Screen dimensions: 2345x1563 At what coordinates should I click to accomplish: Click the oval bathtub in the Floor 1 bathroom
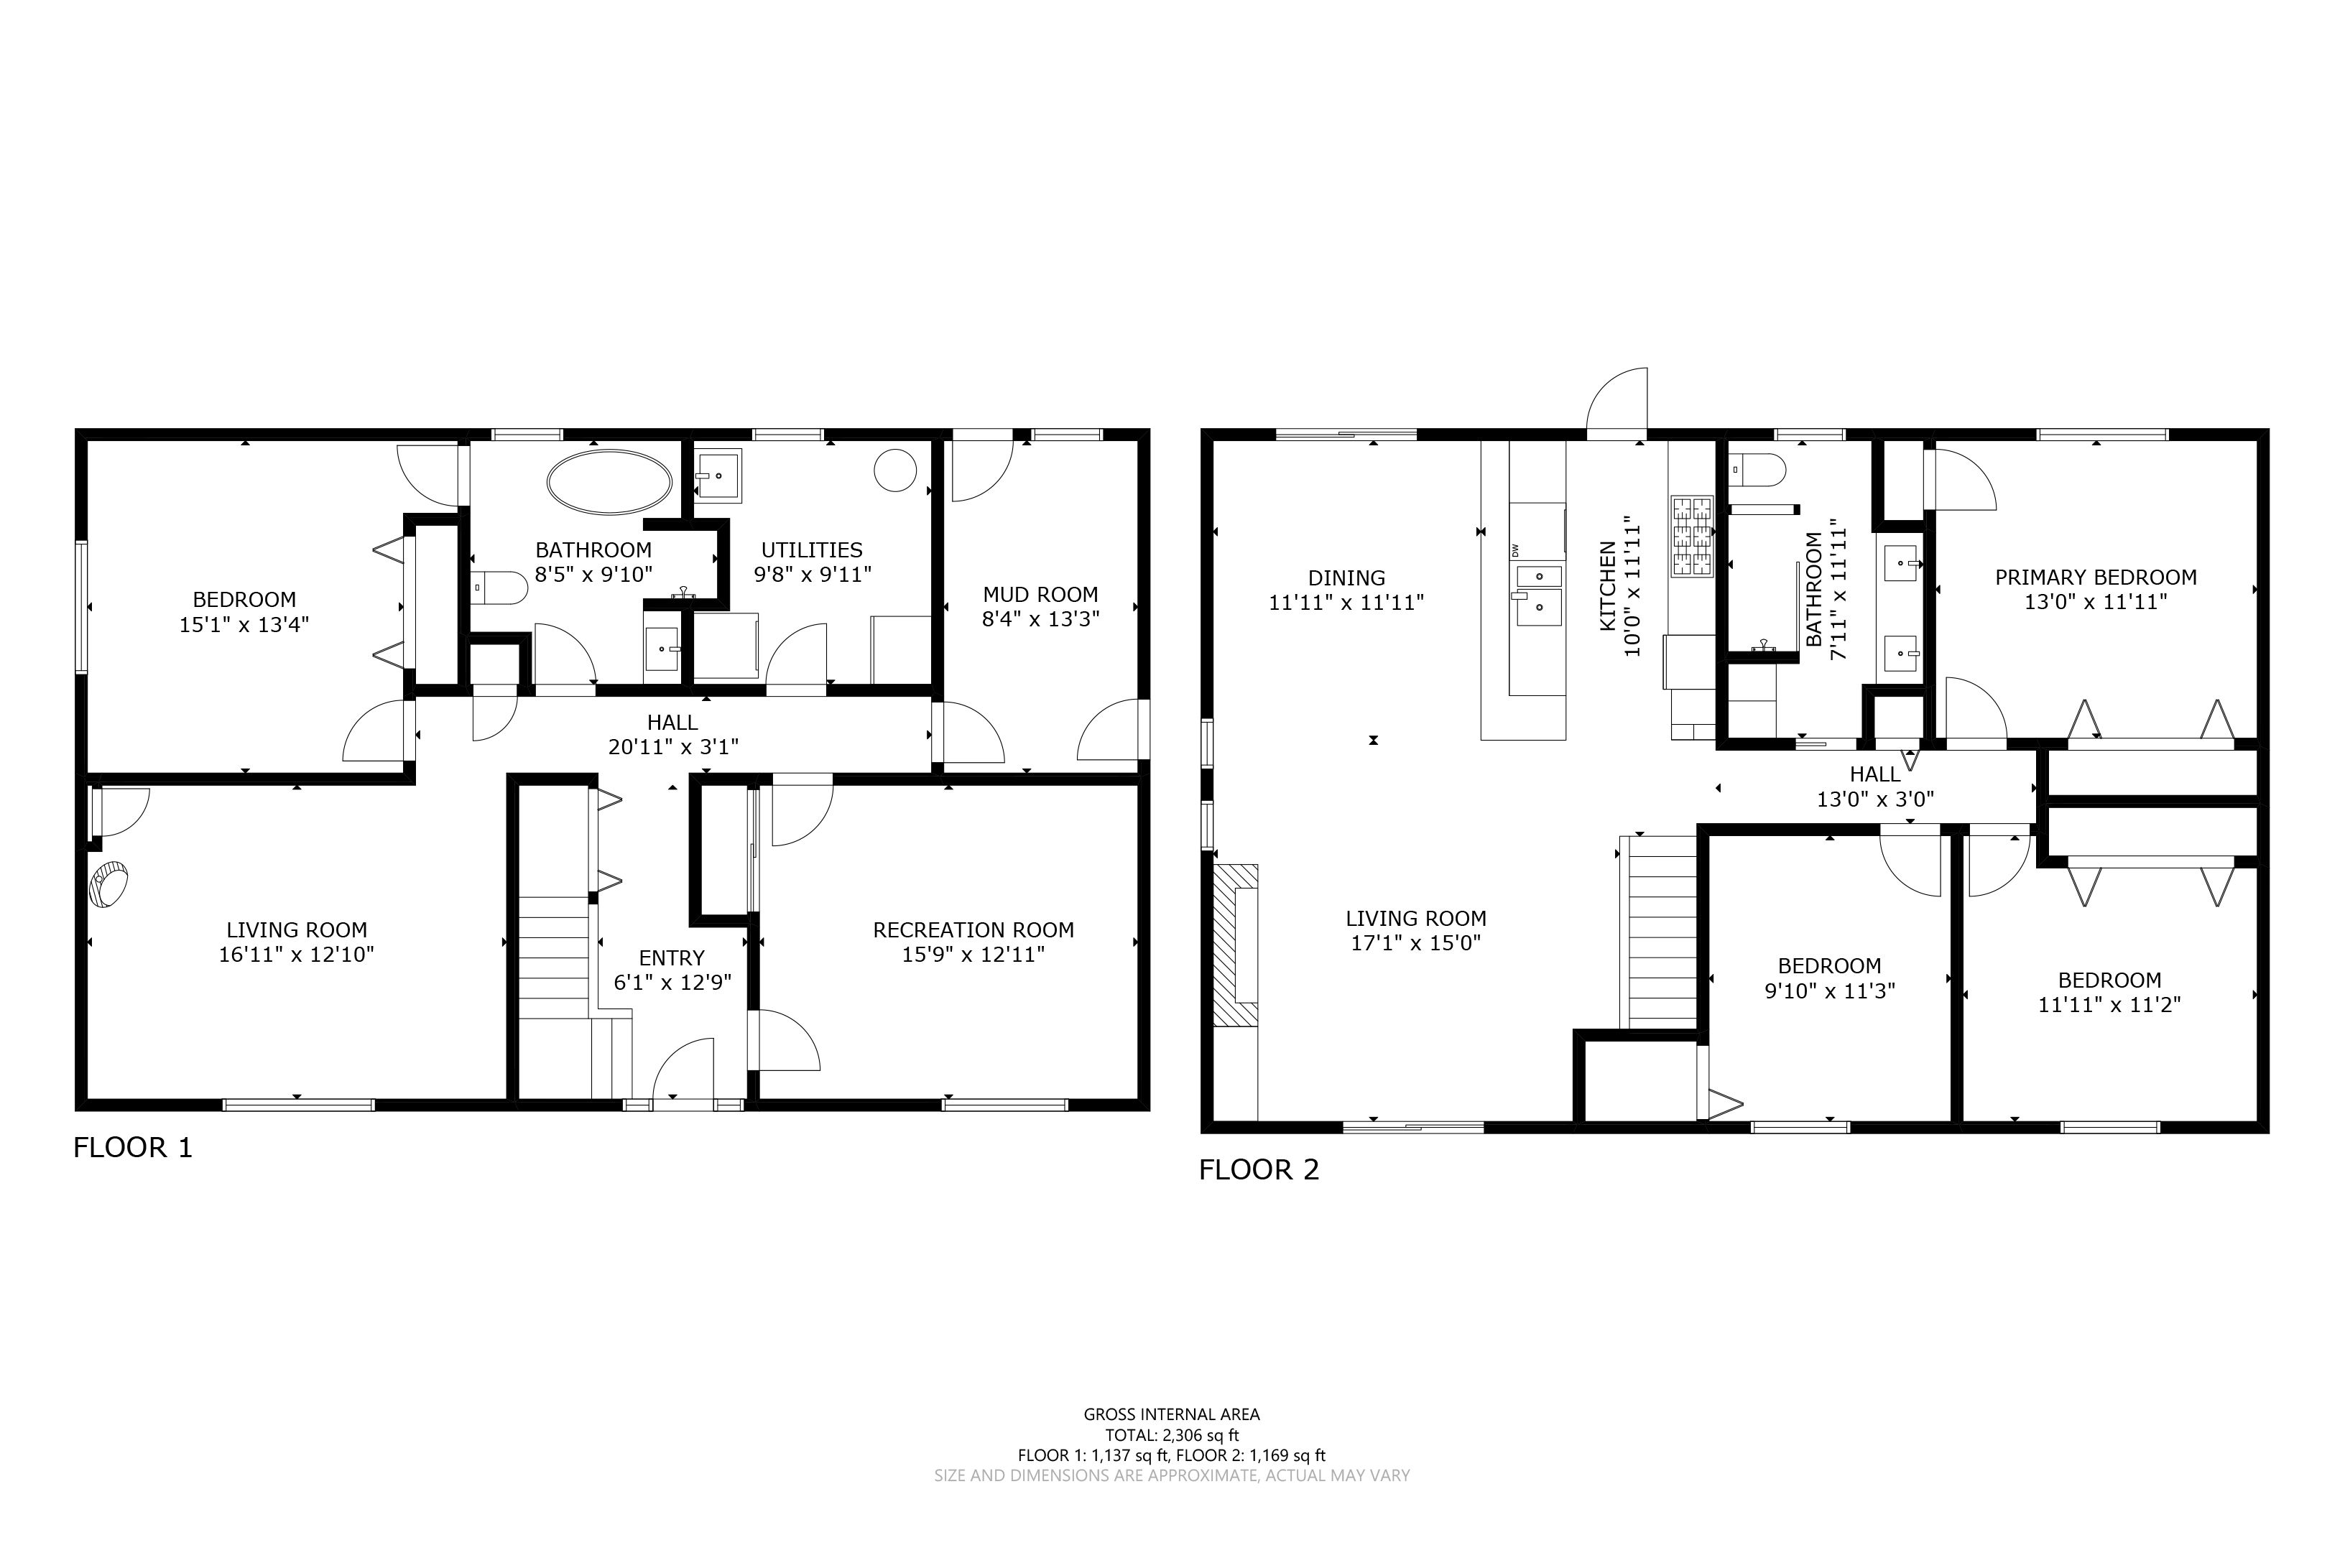pos(609,483)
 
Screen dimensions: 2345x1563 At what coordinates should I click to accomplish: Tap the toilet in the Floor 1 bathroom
pos(499,588)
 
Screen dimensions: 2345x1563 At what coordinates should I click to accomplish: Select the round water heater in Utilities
pos(895,470)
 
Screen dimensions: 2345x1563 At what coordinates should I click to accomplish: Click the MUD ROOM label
pos(1040,595)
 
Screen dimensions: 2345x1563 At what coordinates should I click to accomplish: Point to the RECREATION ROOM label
pos(973,930)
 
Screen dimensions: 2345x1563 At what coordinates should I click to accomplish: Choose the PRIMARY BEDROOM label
pos(2096,578)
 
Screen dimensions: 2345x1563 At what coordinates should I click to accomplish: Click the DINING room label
pos(1346,578)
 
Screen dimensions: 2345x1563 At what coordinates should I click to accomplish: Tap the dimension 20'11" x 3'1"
pos(673,746)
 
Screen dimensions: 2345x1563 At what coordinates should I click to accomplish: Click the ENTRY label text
pos(671,958)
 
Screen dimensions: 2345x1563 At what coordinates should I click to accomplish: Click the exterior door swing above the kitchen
pos(1617,403)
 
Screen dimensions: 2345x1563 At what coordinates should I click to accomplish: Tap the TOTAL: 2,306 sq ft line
pos(1172,1435)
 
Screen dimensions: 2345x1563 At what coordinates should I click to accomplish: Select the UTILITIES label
pos(812,550)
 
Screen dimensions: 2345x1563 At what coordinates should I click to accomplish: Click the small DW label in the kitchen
pos(1514,549)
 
